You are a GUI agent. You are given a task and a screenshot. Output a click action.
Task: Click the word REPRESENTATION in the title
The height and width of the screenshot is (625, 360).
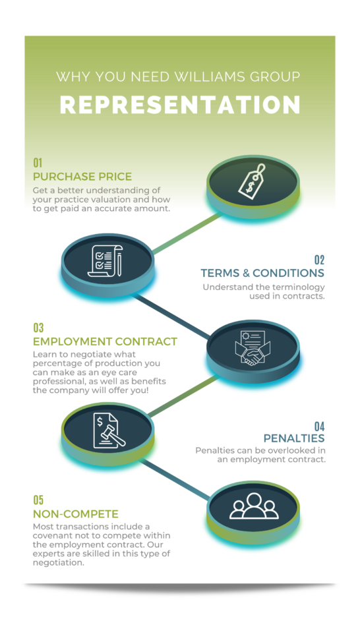pyautogui.click(x=180, y=104)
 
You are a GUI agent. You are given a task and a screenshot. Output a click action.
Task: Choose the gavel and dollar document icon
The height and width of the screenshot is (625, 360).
pyautogui.click(x=108, y=431)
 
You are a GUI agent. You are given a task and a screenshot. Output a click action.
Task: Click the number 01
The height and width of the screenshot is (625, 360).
pyautogui.click(x=38, y=163)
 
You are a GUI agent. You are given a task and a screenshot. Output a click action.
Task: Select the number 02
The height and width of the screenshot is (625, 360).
pyautogui.click(x=319, y=260)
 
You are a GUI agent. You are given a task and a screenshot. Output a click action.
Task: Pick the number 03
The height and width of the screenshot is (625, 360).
pyautogui.click(x=38, y=328)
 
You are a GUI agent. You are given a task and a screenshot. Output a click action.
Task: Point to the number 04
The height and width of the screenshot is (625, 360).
pyautogui.click(x=319, y=427)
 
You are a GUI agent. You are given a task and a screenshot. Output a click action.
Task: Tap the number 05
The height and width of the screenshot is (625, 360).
pyautogui.click(x=38, y=500)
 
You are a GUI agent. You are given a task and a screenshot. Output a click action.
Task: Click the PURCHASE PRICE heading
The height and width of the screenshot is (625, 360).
pyautogui.click(x=82, y=177)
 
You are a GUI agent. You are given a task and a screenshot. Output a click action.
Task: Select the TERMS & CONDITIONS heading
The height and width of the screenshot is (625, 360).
pyautogui.click(x=262, y=273)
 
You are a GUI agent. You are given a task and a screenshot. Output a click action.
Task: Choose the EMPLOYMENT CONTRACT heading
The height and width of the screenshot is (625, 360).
pyautogui.click(x=105, y=342)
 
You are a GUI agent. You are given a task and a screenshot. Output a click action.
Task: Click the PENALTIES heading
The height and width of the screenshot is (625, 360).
pyautogui.click(x=294, y=438)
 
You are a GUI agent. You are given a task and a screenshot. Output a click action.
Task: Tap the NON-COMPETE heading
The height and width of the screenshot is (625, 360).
pyautogui.click(x=76, y=514)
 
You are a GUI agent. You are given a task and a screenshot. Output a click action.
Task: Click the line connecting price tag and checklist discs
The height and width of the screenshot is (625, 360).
pyautogui.click(x=187, y=233)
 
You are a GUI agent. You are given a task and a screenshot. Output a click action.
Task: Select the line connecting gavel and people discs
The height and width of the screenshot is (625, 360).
pyautogui.click(x=175, y=479)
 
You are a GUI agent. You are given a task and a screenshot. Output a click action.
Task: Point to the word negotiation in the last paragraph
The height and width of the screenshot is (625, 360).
pyautogui.click(x=58, y=563)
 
